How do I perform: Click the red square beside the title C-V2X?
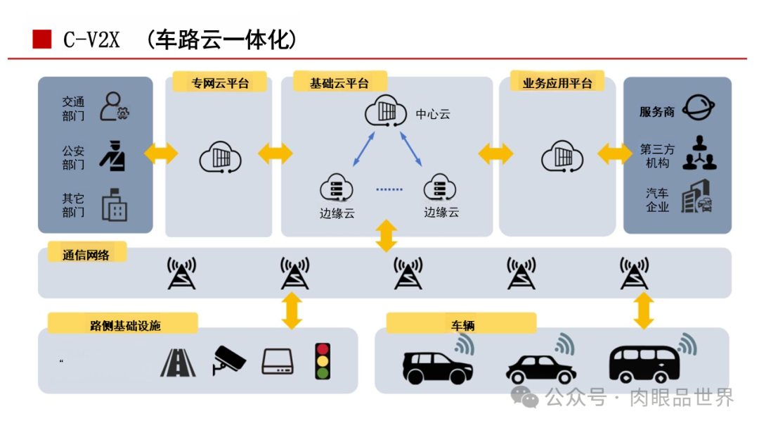pyautogui.click(x=42, y=39)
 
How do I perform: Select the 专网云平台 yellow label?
pyautogui.click(x=220, y=82)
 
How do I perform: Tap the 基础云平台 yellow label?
pyautogui.click(x=339, y=82)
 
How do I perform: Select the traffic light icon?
pyautogui.click(x=323, y=361)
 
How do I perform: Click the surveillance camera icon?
pyautogui.click(x=229, y=360)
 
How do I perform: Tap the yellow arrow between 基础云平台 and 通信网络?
pyautogui.click(x=386, y=235)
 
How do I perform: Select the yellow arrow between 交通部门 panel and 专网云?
pyautogui.click(x=161, y=153)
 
